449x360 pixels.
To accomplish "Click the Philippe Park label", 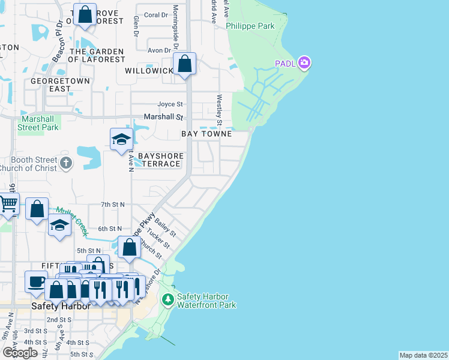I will [x=250, y=26].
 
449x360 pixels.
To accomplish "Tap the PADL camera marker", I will [x=304, y=62].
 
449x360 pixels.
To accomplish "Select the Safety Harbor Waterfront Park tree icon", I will [x=169, y=299].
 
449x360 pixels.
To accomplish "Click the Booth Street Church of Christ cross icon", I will [x=66, y=163].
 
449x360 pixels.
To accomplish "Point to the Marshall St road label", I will [x=162, y=117].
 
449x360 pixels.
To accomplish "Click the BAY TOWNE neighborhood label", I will [x=206, y=134].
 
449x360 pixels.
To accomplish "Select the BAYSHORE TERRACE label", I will [x=160, y=160].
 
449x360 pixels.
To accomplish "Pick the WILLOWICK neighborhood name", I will [x=148, y=71].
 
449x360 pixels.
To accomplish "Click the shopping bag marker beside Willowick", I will [x=185, y=64].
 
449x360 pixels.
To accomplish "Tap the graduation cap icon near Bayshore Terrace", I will [x=121, y=140].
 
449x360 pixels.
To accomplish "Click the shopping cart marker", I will [x=8, y=205].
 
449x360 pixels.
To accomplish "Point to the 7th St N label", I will [x=112, y=205].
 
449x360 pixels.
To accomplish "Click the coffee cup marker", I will [x=35, y=281].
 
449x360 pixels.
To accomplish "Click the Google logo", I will [x=20, y=353].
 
